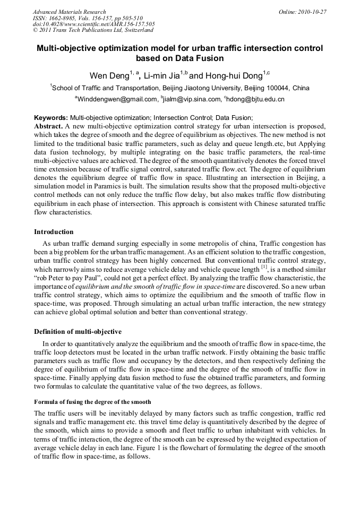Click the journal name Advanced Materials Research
click(69, 12)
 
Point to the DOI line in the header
click(93, 24)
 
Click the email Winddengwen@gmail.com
click(117, 99)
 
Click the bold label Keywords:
click(51, 117)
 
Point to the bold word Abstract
click(48, 126)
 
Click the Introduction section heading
click(54, 232)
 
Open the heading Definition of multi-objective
click(78, 332)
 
